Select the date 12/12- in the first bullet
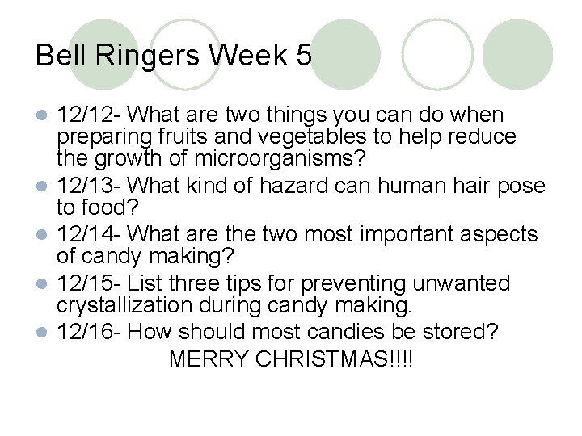pos(90,115)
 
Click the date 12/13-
pos(90,186)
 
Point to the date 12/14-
pos(90,234)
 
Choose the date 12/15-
pos(90,283)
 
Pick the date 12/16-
pos(90,331)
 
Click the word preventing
pos(359,283)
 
